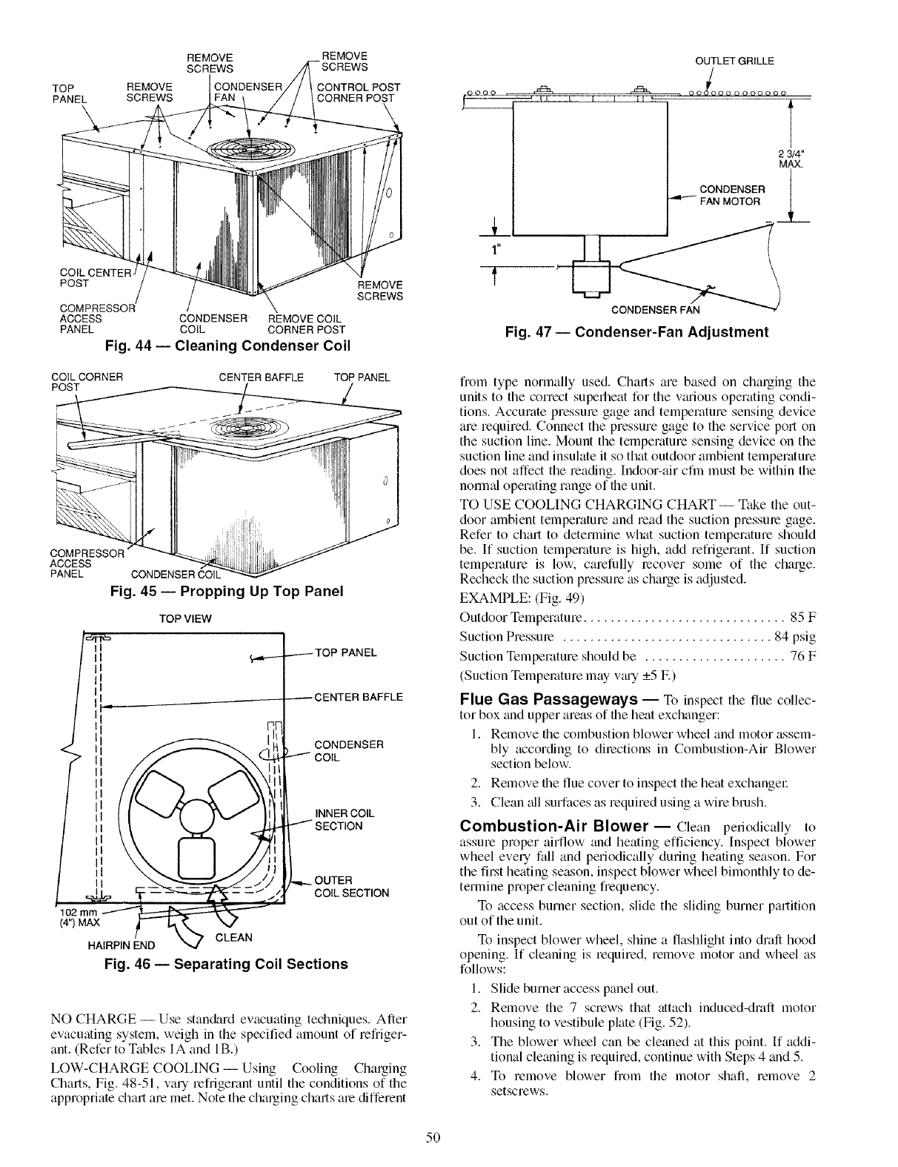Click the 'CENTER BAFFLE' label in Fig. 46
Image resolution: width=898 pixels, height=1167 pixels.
click(359, 697)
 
